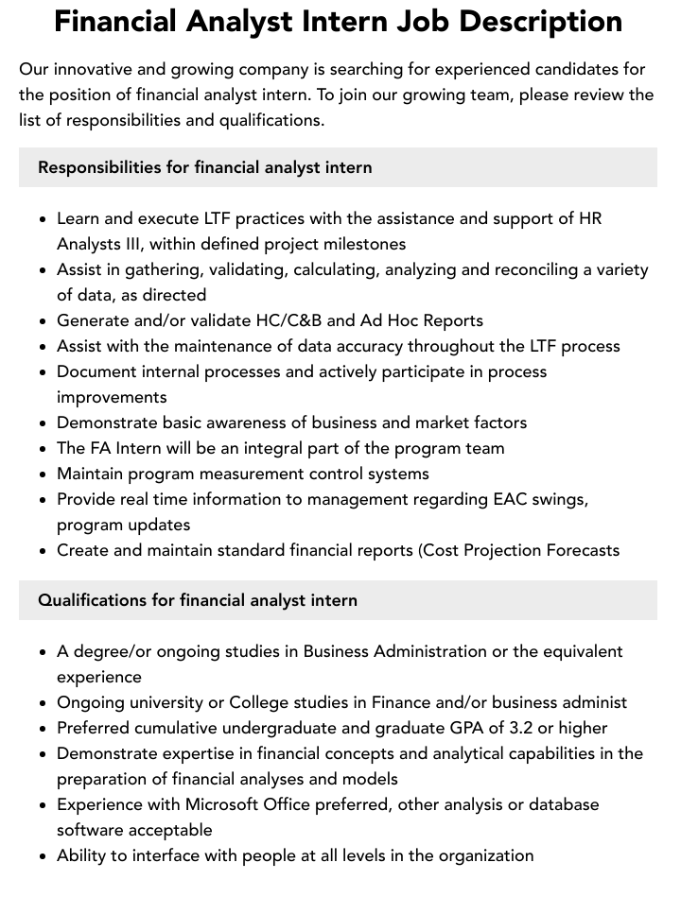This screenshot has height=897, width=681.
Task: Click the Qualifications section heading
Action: coord(198,600)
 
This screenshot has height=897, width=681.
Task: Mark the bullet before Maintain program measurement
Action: coord(44,474)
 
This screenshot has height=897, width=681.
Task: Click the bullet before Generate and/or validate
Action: coord(44,321)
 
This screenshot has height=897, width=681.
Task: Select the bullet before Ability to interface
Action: coord(44,856)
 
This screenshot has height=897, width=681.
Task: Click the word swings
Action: coord(557,499)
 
